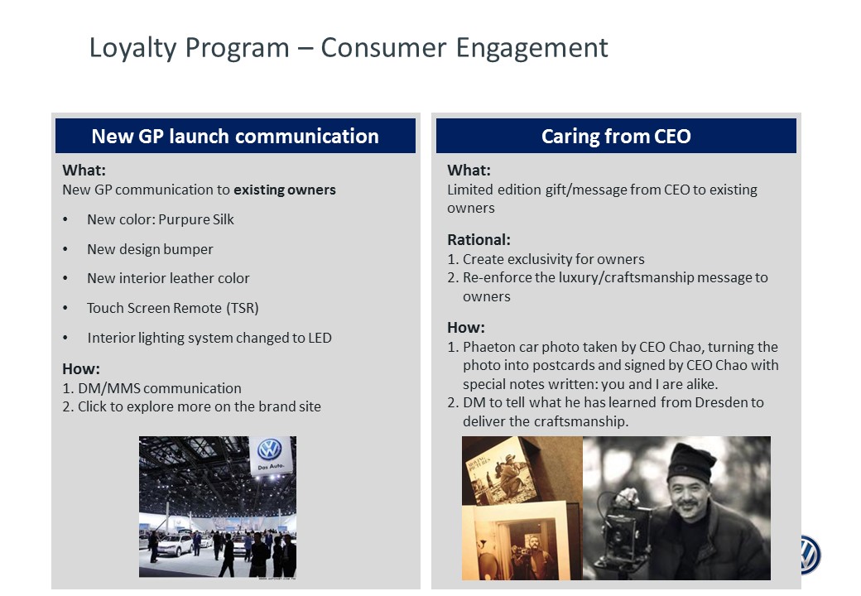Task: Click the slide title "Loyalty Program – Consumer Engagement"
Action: [349, 48]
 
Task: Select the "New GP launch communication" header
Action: [235, 136]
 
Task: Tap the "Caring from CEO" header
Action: [616, 136]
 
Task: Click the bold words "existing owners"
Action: [285, 190]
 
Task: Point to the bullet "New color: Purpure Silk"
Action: [161, 219]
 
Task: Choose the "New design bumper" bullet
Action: [150, 249]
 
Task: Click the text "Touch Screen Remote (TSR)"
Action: [172, 308]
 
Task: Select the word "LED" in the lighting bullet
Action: [320, 338]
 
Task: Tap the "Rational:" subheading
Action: [479, 240]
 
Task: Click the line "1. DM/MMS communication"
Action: [152, 388]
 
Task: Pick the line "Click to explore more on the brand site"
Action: [200, 406]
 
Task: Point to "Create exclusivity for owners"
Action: [554, 259]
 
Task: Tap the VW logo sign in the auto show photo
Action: [270, 454]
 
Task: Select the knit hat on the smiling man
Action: [690, 463]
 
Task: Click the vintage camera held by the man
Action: [623, 526]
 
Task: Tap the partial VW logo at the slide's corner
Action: [810, 555]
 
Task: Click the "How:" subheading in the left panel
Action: [81, 369]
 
